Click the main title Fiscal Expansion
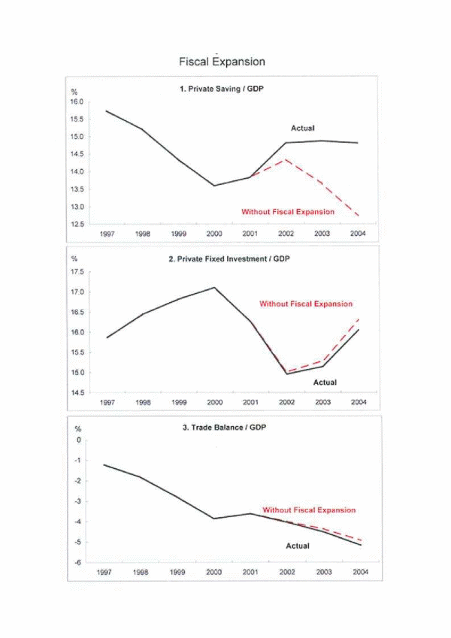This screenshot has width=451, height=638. pos(222,62)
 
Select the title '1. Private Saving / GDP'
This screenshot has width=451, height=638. pos(222,89)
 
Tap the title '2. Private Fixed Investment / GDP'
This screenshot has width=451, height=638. pos(229,259)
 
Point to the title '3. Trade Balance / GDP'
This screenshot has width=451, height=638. pos(224,428)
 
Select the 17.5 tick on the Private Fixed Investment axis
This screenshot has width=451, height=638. pos(77,272)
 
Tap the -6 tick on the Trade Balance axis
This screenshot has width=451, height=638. pos(78,562)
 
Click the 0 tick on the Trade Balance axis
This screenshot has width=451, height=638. pos(79,440)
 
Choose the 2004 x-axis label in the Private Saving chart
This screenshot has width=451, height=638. pos(358,234)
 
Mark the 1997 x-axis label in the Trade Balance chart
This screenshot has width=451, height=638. pos(104,572)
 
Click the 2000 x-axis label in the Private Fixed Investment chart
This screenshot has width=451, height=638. pos(214,402)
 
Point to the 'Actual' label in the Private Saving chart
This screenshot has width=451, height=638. pos(302,129)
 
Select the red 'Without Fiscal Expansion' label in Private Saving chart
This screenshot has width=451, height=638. pos(288,212)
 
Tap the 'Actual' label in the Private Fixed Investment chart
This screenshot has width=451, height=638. pos(325,382)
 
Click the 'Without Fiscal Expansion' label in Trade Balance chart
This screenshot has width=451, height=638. pos(309,509)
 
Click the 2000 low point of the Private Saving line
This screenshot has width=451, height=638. pos(214,186)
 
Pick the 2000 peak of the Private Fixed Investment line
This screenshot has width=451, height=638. pos(214,288)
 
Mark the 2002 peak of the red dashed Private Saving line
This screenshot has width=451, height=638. pos(286,159)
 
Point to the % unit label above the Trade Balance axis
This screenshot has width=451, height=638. pos(77,429)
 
